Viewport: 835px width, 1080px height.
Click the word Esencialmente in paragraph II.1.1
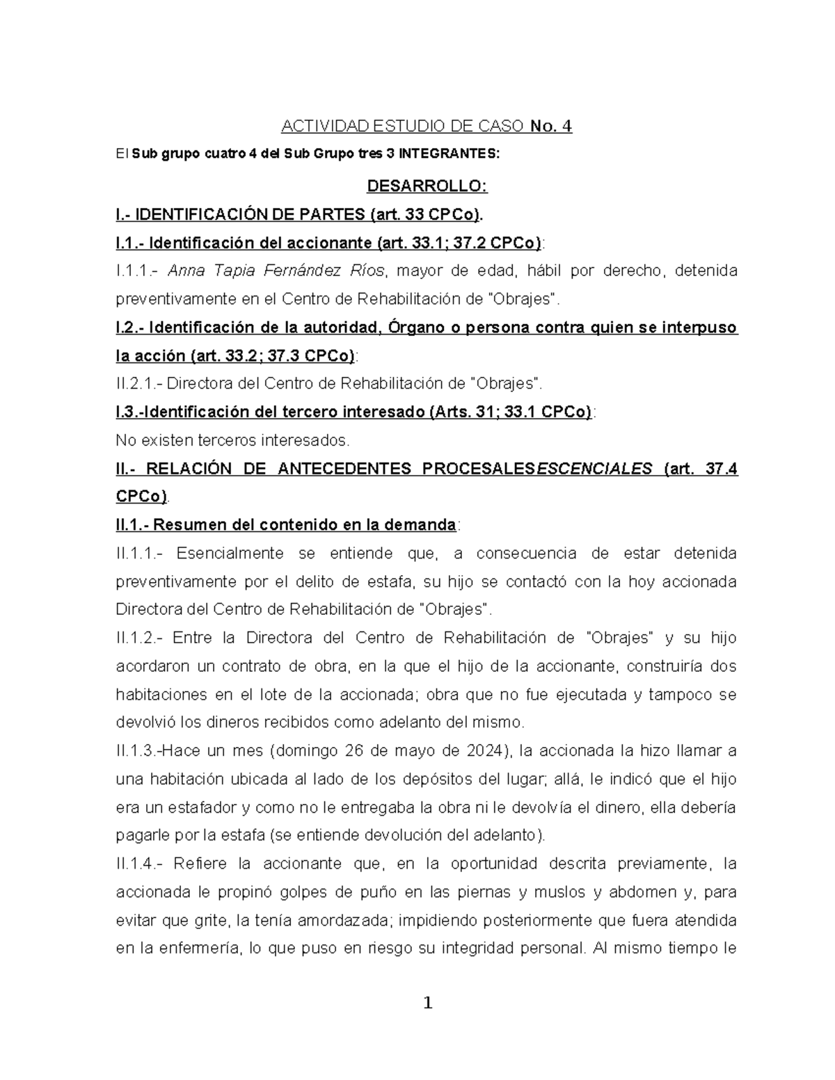click(230, 553)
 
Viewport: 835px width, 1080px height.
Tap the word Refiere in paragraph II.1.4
click(200, 863)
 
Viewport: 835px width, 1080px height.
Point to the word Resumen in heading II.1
click(189, 524)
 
